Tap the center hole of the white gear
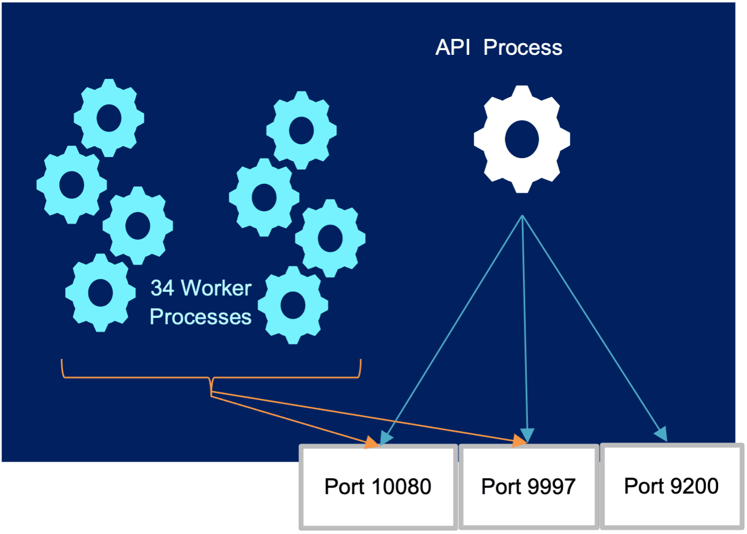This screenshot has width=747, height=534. [522, 139]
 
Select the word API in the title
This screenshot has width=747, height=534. [453, 48]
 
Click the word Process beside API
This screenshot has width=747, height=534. [523, 48]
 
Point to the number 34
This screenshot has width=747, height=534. [162, 289]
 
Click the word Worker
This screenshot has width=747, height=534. [216, 289]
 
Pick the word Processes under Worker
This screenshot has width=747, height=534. [200, 317]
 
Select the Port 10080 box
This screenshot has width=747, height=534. [378, 487]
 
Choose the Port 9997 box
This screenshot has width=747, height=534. [528, 487]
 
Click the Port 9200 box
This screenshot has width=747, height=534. [671, 486]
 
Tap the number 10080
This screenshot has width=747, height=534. [401, 487]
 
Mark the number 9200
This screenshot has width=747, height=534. [694, 486]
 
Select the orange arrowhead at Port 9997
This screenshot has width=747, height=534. [519, 441]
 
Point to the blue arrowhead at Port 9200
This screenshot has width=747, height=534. [661, 434]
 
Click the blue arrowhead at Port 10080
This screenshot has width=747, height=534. [386, 438]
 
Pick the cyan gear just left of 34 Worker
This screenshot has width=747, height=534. [100, 292]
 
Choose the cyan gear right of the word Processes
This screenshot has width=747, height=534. [293, 305]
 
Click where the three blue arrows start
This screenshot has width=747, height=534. [522, 216]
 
